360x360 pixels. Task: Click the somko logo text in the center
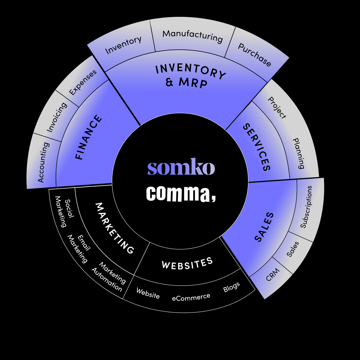(181, 167)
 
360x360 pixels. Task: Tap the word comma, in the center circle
(181, 193)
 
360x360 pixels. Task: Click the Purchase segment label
(254, 55)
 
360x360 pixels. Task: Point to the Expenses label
(83, 82)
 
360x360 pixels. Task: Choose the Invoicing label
(57, 117)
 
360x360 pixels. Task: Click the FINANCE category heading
(89, 137)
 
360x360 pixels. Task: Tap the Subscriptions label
(306, 207)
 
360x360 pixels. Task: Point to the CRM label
(273, 274)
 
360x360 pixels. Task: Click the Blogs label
(231, 287)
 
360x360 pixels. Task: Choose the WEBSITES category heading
(187, 263)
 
